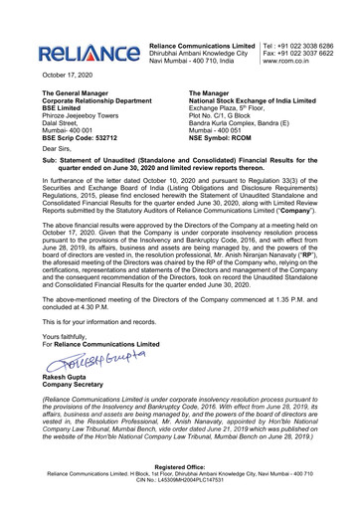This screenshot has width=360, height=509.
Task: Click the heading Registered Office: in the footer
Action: pos(179,487)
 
